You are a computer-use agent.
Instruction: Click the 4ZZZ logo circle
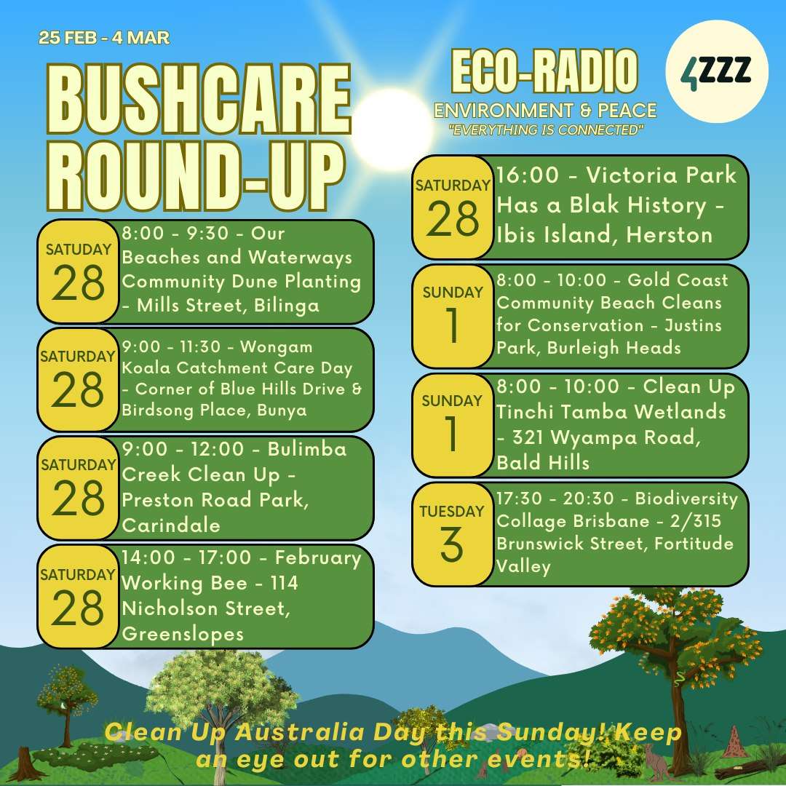click(x=716, y=71)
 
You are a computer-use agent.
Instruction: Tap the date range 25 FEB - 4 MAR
click(x=104, y=38)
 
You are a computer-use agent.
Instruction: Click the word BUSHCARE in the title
click(x=199, y=99)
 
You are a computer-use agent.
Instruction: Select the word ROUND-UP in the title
click(x=196, y=175)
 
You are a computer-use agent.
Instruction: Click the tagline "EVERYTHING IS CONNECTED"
click(x=546, y=130)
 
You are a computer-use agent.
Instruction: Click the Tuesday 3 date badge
click(x=452, y=534)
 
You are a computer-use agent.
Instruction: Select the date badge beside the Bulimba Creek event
click(x=78, y=488)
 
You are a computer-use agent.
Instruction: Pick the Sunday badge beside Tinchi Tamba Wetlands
click(x=452, y=425)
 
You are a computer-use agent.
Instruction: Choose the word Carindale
click(x=171, y=525)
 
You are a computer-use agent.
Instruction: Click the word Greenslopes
click(x=183, y=634)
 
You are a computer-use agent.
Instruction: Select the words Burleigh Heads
click(x=614, y=347)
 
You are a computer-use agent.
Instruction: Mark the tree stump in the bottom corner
click(x=23, y=764)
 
